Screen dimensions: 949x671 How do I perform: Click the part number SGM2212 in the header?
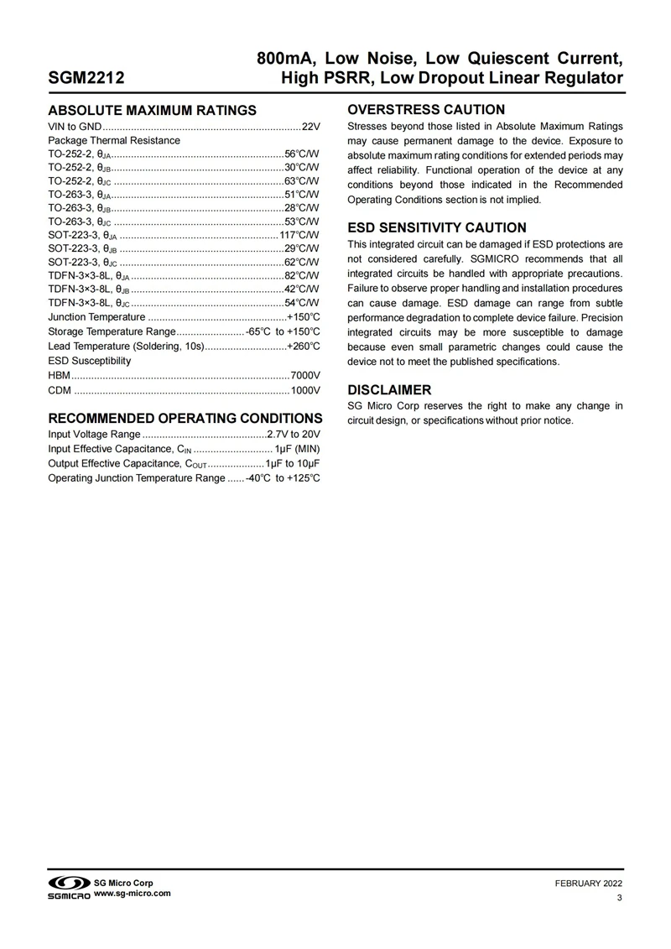click(86, 78)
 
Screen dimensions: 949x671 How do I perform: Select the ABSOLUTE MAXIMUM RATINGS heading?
click(152, 111)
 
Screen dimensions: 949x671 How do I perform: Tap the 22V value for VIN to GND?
click(311, 127)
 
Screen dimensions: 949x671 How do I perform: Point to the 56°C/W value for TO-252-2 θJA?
click(302, 154)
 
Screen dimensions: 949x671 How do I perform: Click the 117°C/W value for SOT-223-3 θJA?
click(299, 235)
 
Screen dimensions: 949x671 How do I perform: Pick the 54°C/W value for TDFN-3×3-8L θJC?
click(302, 302)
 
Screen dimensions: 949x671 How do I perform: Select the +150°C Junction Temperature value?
click(304, 317)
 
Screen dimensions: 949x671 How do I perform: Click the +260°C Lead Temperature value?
click(304, 346)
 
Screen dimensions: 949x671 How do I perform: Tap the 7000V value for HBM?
click(305, 374)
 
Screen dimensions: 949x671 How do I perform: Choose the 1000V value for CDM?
click(305, 389)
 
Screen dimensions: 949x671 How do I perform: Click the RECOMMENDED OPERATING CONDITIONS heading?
click(185, 418)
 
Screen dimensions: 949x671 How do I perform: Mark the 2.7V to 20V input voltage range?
click(294, 435)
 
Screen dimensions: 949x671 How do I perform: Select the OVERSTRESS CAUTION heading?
click(426, 109)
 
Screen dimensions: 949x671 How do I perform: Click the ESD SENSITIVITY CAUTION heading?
click(437, 227)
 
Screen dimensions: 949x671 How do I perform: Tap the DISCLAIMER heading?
click(390, 390)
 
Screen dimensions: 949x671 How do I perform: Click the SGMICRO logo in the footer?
click(68, 887)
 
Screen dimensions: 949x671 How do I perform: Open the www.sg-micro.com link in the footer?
click(132, 894)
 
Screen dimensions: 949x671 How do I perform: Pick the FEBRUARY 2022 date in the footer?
click(589, 884)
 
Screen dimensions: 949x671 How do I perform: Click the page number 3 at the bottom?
click(619, 899)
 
